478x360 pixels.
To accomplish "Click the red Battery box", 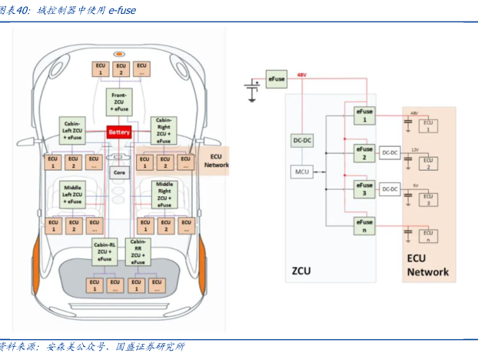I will (119, 132).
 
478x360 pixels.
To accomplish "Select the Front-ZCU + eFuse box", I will (119, 100).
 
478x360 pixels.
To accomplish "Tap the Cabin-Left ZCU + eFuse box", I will (73, 128).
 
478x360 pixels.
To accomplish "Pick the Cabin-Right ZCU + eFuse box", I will (164, 130).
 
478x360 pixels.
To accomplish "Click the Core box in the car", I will (119, 172).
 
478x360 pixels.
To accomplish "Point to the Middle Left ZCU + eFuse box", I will (73, 194).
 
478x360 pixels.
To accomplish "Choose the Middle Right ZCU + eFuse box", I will (164, 195).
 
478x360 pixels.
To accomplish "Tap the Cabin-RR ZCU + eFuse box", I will (138, 252).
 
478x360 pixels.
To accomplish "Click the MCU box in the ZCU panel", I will (302, 172).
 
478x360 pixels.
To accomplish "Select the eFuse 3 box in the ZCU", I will (364, 188).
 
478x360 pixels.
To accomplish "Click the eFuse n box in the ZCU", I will (364, 225).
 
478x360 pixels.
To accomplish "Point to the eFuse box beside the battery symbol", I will (276, 79).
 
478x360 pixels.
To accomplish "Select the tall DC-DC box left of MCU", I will (302, 140).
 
